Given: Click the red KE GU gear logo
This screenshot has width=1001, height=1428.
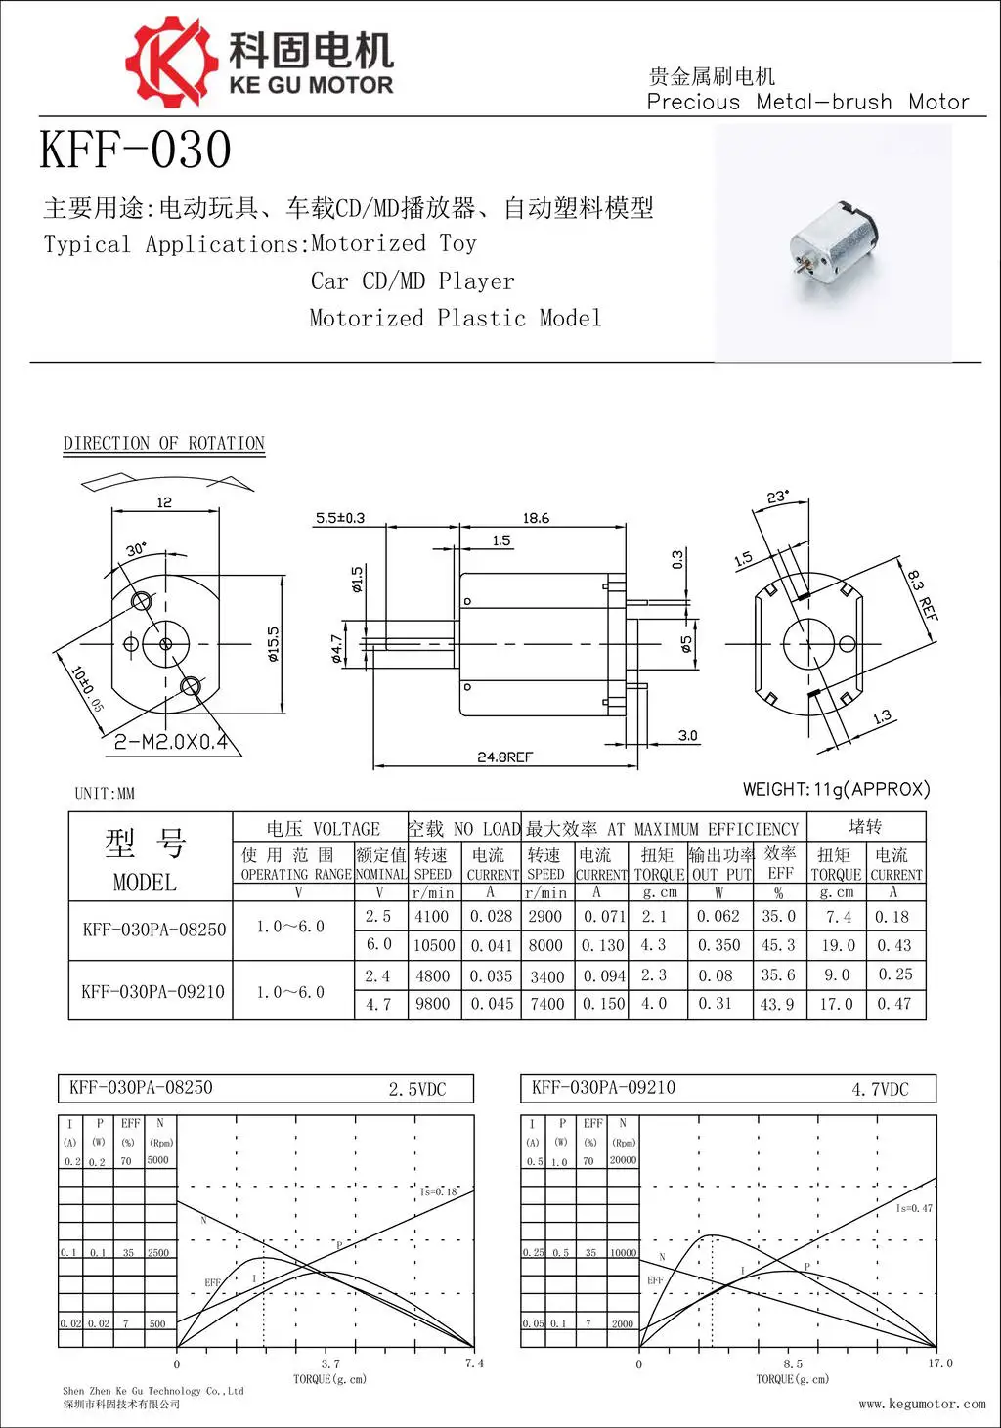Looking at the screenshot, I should pos(170,61).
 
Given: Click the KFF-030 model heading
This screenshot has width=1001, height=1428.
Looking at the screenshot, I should pos(135,151).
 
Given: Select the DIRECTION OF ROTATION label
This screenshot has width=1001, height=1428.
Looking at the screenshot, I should pos(163,444).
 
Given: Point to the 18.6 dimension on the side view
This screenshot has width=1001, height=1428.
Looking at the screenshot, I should pos(536,518).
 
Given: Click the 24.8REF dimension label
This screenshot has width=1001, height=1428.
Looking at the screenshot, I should pos(504,757).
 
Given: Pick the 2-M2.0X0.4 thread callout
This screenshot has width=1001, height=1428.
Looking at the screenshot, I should pos(171,742).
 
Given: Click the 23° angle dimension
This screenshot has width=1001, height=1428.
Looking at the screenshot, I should pos(777,498).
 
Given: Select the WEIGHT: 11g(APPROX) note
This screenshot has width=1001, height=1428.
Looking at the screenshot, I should pos(836,789).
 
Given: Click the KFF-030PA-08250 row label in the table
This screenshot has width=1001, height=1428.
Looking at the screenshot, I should pos(153,930).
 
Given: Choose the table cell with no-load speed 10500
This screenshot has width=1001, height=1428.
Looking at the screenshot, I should pos(433,946).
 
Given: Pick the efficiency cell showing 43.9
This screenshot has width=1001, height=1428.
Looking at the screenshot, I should pos(777,1005).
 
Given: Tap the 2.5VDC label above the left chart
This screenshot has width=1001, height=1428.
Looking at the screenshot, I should pos(416,1089).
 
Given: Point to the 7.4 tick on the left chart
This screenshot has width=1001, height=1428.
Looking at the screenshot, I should pos(474,1363).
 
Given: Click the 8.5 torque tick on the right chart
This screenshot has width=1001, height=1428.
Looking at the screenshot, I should pos(792,1363).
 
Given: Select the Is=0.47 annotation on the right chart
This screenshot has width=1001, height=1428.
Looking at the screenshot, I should pos(914,1209).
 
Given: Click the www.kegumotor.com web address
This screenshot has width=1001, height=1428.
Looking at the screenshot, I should pos(922,1405).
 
